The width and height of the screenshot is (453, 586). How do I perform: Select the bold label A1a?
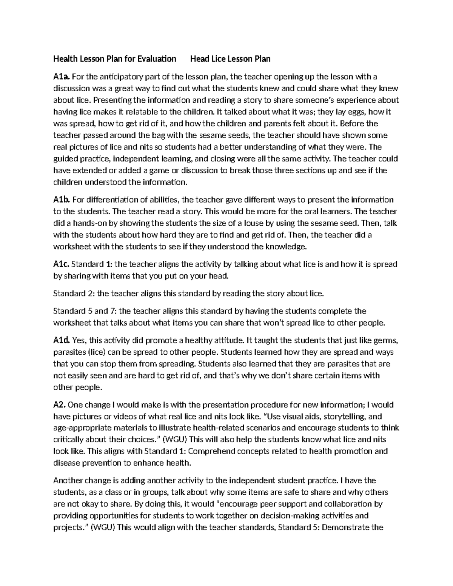click(x=62, y=77)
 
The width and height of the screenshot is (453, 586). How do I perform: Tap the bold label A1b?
click(x=62, y=200)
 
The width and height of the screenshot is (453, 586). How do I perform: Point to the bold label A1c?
click(x=61, y=264)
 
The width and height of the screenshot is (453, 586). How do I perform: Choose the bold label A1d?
click(x=62, y=340)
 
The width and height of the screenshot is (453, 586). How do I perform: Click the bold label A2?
click(x=60, y=405)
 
